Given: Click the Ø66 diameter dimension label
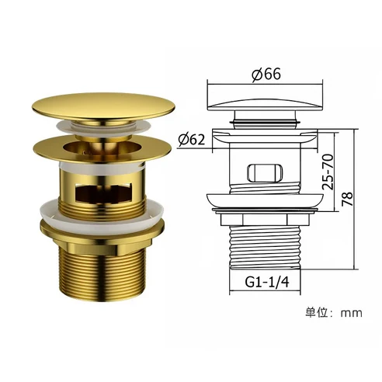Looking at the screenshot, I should pyautogui.click(x=264, y=75).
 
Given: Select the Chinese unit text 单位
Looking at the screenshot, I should pyautogui.click(x=317, y=312).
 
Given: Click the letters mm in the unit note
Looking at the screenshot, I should pyautogui.click(x=355, y=313).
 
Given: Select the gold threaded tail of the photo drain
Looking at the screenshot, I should pyautogui.click(x=99, y=272).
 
